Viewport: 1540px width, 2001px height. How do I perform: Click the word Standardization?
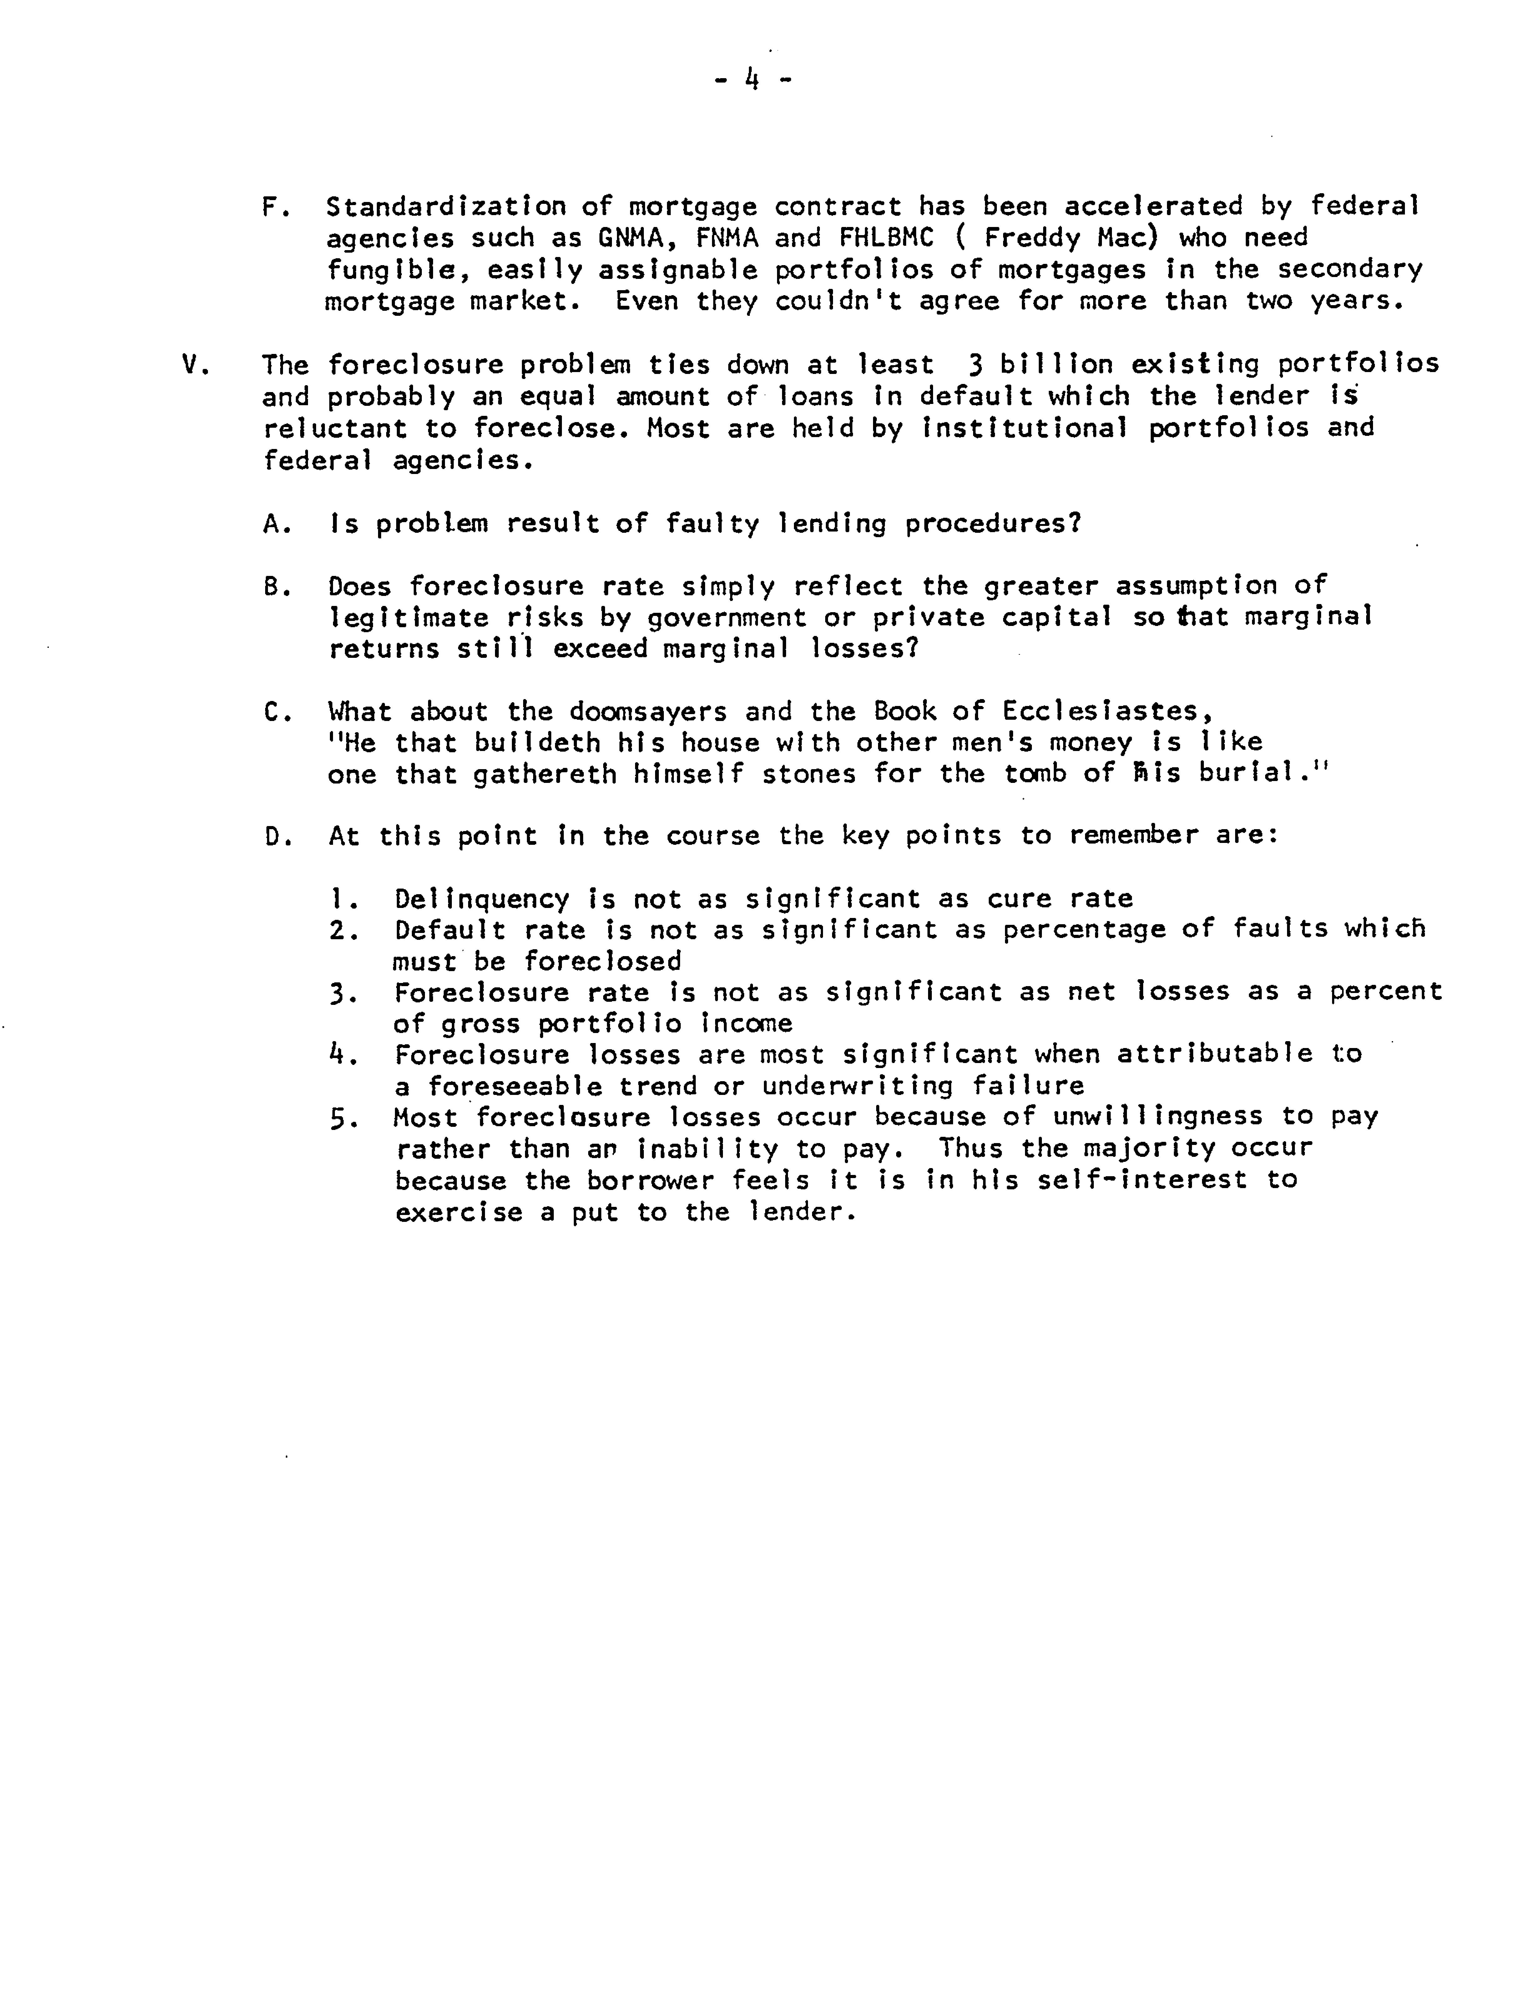point(445,206)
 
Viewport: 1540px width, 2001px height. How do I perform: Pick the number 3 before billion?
point(975,365)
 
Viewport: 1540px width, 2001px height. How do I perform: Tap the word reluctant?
point(334,429)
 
